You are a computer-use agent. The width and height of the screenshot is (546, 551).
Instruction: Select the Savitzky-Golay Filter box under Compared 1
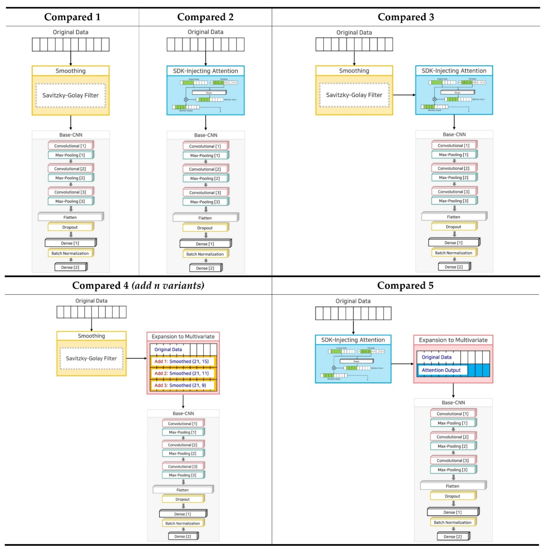coord(70,95)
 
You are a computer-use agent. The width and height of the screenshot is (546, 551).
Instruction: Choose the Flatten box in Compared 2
coord(205,218)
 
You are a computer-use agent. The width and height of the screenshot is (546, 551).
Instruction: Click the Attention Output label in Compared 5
coord(441,370)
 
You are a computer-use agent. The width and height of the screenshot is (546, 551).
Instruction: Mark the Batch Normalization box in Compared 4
coord(183,523)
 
